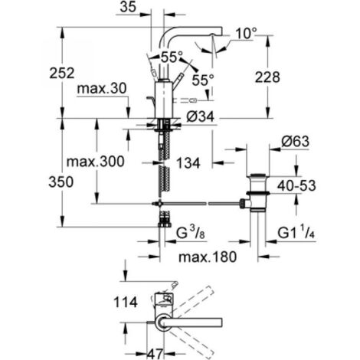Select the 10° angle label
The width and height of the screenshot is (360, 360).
pos(247,33)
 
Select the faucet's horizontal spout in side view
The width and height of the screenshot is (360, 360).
pos(199,31)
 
